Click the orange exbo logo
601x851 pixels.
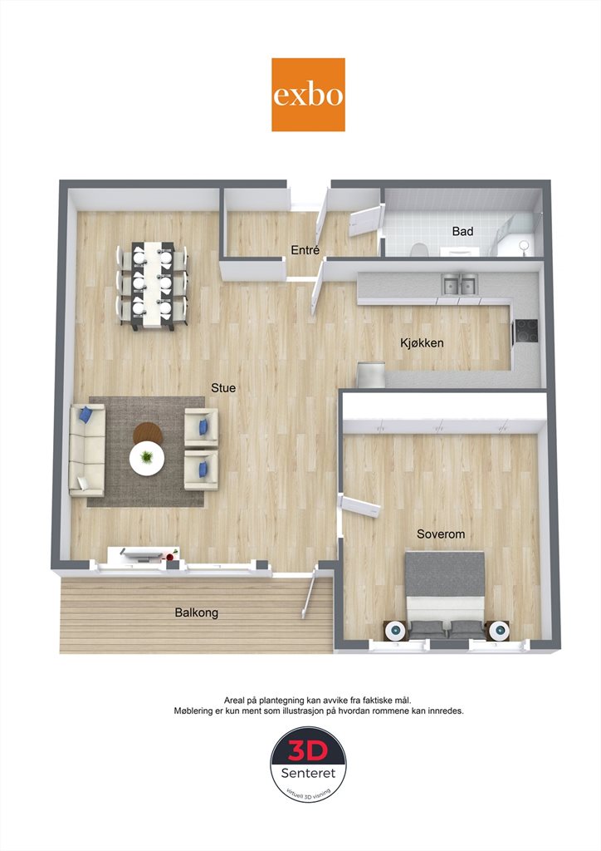308,95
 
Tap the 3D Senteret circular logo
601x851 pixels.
308,765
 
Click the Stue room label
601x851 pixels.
223,388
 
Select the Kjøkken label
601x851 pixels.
422,343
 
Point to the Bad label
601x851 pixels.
462,231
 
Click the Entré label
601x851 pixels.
305,250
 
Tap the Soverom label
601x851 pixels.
441,534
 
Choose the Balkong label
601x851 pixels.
196,612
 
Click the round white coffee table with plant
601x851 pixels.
146,459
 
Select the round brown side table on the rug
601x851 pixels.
148,433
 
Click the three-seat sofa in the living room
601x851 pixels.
86,450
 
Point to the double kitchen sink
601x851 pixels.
460,284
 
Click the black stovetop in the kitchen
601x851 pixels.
526,331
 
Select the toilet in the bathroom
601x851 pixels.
418,249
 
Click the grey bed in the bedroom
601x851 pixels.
445,594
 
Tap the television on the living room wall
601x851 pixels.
142,553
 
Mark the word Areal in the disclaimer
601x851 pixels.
235,701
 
